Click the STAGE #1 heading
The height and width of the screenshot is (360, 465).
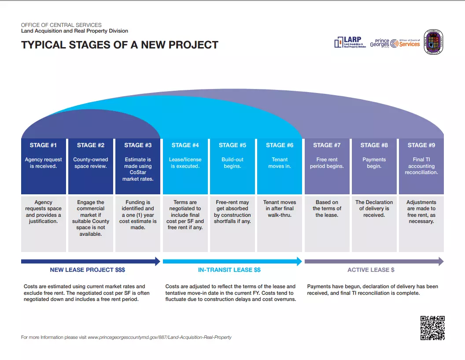43,145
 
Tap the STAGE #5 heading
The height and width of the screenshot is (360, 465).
232,145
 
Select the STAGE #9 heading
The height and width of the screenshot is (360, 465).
421,145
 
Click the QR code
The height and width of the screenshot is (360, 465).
432,328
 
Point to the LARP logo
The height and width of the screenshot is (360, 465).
350,42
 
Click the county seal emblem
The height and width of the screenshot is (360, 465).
433,42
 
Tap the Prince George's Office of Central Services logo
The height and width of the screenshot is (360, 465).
395,43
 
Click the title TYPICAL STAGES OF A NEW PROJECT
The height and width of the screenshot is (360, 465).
120,45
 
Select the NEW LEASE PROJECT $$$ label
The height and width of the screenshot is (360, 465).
88,270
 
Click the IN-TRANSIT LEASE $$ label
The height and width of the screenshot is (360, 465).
229,270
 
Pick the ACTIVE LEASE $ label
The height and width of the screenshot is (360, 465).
371,270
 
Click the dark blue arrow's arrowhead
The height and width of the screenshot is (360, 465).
158,261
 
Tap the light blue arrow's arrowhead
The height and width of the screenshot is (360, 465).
299,261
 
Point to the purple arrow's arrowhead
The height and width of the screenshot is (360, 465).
440,261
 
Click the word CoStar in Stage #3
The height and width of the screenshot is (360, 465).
137,173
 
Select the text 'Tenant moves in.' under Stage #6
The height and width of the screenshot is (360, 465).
280,163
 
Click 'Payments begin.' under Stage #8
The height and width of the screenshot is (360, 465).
374,163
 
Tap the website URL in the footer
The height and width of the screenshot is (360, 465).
159,337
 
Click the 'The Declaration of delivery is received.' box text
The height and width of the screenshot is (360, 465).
374,208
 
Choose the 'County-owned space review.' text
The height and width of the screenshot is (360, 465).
90,163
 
